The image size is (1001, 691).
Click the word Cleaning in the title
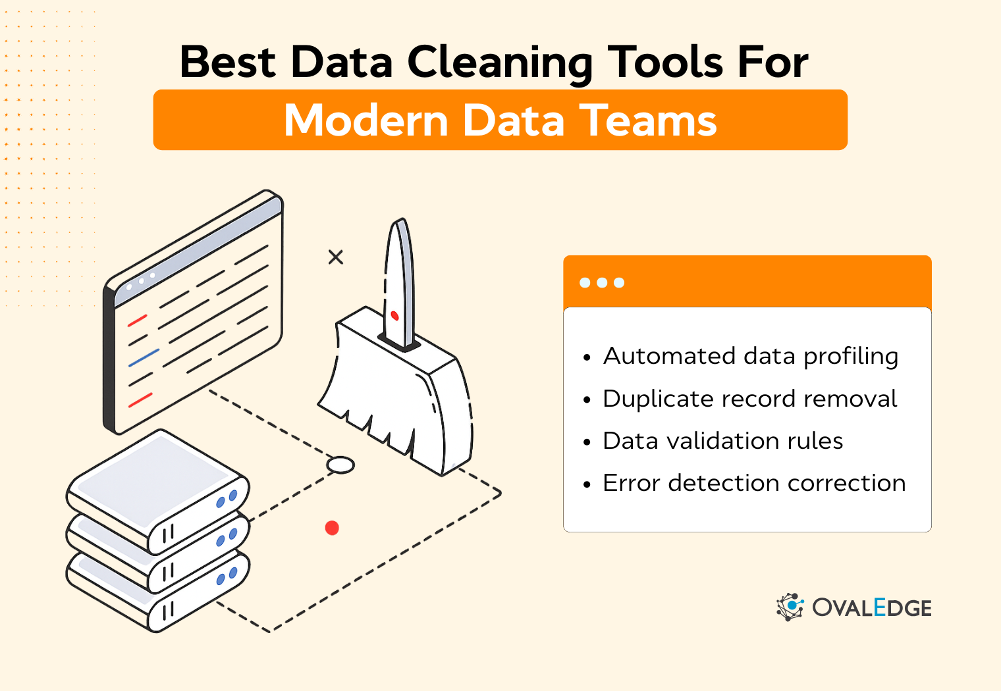(x=500, y=64)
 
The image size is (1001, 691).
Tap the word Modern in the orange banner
(x=366, y=120)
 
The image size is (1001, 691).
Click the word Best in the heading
(x=227, y=63)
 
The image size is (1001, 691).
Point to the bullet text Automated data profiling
(x=750, y=356)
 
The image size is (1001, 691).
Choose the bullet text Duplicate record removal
(x=749, y=399)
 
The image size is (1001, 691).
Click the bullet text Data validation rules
(x=722, y=441)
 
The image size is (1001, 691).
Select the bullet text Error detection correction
(x=753, y=483)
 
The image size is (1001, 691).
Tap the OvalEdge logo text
(x=871, y=607)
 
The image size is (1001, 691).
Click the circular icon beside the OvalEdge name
(x=790, y=607)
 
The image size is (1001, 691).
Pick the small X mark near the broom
(x=336, y=257)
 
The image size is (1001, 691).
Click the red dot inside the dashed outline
(x=332, y=528)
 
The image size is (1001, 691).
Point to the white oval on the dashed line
(x=340, y=465)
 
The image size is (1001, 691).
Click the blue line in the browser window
(x=144, y=357)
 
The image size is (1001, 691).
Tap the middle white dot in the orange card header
(x=602, y=283)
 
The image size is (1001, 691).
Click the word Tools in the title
(x=665, y=63)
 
